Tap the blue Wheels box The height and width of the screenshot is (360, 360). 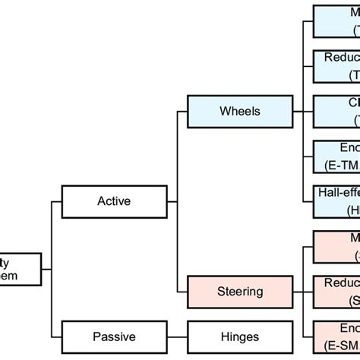[239, 111]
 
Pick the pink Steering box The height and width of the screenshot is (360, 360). [239, 291]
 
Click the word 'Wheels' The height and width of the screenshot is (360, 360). [239, 111]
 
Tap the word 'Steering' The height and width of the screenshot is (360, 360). [239, 291]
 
